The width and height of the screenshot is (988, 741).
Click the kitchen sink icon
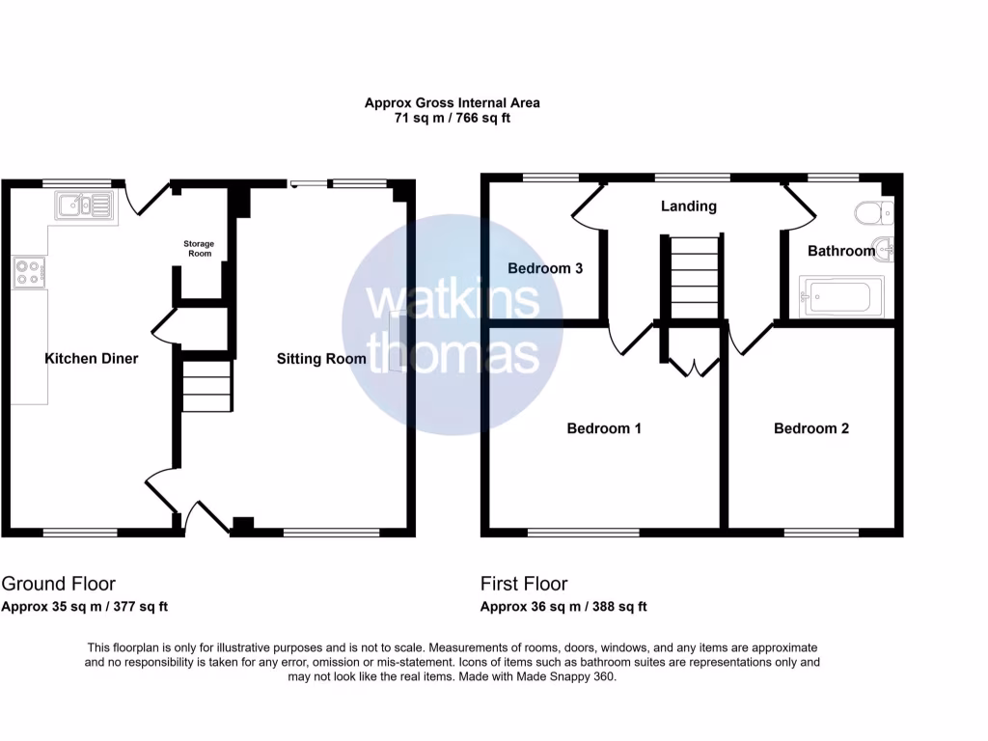click(85, 205)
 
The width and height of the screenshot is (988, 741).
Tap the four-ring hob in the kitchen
click(29, 272)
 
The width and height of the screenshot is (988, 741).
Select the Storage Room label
click(200, 249)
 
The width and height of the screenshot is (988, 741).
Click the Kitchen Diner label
click(92, 358)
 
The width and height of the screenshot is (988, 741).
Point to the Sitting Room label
click(321, 358)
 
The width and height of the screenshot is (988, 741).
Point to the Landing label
click(688, 206)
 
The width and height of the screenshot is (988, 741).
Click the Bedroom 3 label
click(545, 268)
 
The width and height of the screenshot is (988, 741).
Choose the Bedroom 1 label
click(604, 428)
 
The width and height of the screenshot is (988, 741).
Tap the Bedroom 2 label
click(811, 428)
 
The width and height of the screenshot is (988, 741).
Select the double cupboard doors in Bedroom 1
click(694, 366)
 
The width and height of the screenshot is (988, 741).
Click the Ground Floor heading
click(59, 584)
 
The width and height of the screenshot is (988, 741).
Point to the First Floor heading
click(524, 584)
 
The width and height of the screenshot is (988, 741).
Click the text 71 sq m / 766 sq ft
click(453, 119)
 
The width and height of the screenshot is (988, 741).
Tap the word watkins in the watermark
click(453, 300)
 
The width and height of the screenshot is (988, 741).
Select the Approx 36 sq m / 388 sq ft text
click(563, 607)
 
